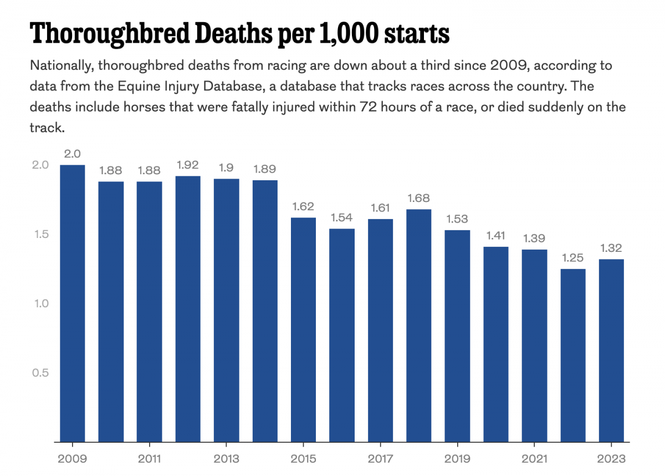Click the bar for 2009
73,303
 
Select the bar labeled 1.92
188,308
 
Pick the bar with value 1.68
419,325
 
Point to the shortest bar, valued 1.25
573,355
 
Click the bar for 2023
612,350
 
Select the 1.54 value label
342,217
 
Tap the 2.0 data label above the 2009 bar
73,154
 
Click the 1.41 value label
496,235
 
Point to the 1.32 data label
612,248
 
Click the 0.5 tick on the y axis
40,373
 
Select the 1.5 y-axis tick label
41,234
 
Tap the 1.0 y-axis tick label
40,303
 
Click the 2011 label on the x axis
150,459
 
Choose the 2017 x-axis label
381,459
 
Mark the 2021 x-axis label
535,459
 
